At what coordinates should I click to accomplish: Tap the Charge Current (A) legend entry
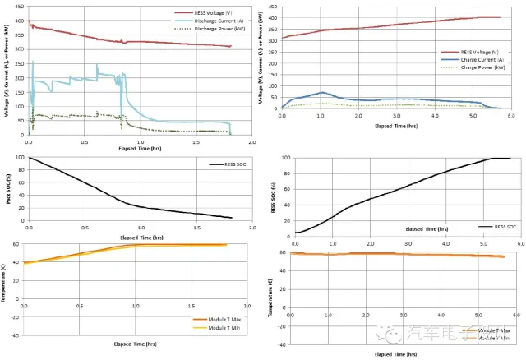click(479, 58)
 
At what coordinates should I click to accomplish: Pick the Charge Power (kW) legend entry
click(478, 67)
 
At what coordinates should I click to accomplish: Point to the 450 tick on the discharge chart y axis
click(21, 6)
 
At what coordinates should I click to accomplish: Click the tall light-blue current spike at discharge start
click(33, 62)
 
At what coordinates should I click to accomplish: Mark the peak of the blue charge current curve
click(322, 93)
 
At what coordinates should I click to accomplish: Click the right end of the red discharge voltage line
click(231, 46)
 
